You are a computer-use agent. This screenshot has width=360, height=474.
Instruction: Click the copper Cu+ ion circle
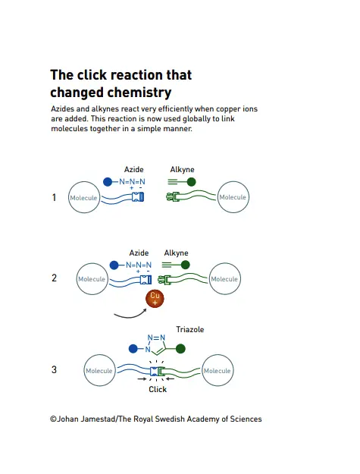pos(155,298)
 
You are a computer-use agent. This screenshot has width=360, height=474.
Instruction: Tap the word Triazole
pos(190,329)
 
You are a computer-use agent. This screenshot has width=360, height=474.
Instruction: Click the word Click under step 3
pos(158,389)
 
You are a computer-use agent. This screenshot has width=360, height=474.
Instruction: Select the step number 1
pos(54,197)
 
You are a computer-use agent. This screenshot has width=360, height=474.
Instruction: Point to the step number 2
pos(54,278)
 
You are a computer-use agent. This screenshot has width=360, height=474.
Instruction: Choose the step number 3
pos(54,369)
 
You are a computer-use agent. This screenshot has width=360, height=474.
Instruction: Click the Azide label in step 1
pos(134,169)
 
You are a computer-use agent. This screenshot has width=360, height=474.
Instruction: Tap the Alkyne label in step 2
pos(176,253)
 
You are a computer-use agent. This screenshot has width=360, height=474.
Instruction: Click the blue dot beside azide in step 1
pos(108,182)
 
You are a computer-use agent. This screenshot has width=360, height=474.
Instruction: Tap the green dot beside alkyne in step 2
pos(185,265)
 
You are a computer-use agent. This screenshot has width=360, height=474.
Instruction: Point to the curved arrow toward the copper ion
pos(130,316)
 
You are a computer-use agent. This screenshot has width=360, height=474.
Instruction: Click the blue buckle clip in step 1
pos(138,197)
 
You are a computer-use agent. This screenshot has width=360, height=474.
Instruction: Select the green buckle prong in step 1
pos(173,197)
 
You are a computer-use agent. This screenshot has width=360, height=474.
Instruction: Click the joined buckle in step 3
pos(158,371)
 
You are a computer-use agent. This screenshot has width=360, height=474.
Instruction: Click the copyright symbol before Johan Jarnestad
pos(54,419)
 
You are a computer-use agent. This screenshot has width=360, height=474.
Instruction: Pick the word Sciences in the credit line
pos(246,419)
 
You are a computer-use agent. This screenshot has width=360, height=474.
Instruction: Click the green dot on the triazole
pos(180,349)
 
